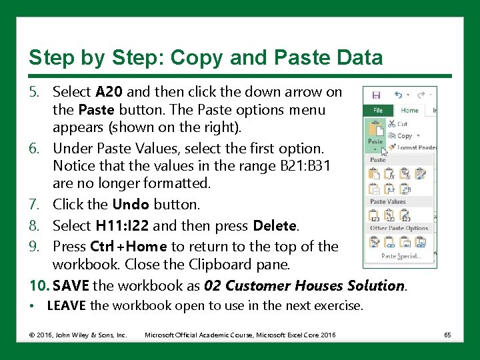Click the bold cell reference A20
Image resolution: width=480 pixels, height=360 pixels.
[109, 91]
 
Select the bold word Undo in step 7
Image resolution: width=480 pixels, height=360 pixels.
[131, 205]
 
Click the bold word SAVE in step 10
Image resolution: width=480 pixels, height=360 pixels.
[71, 286]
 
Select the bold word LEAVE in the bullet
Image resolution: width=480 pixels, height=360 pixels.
[66, 307]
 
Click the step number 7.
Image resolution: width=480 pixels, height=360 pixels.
[37, 205]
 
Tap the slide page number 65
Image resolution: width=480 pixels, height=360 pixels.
[447, 335]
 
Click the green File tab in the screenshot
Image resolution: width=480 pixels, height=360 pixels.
[377, 111]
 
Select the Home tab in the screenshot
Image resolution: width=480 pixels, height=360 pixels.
[409, 111]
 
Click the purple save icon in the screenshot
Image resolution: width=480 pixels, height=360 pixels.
[376, 95]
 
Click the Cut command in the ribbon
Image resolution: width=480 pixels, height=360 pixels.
[401, 124]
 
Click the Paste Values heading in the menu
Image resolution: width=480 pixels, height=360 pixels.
[388, 201]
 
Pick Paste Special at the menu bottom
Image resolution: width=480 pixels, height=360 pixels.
[400, 256]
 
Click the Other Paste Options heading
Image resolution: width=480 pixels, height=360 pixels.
[399, 229]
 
